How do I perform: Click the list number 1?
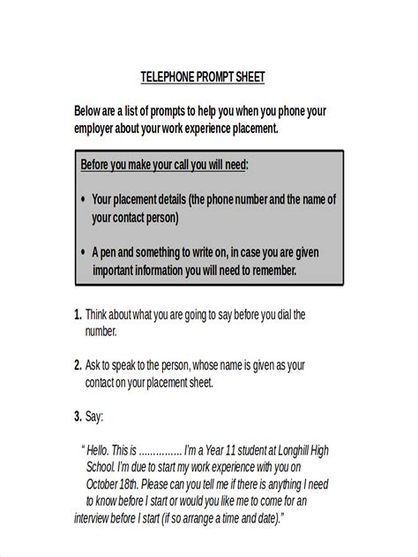(78, 315)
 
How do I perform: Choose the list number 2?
(78, 364)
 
